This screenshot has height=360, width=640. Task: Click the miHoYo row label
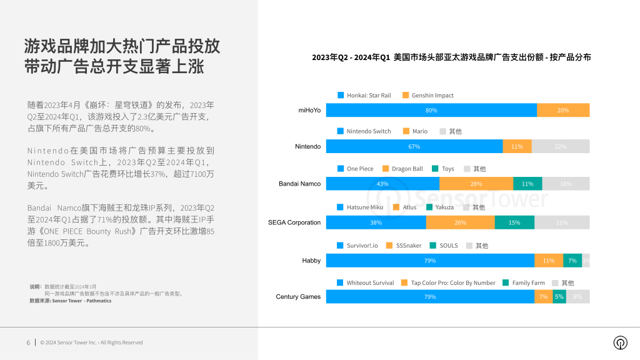point(309,110)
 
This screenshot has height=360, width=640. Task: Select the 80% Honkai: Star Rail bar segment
point(431,110)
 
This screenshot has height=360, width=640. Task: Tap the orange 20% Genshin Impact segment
point(562,110)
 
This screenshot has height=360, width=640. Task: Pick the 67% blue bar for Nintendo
point(414,146)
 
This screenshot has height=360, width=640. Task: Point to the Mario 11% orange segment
point(516,146)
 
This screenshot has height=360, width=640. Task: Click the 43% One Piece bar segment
point(382,184)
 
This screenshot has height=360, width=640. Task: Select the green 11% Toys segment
point(527,184)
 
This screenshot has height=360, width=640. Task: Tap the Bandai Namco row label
point(299,184)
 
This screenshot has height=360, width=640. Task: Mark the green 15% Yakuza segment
point(514,222)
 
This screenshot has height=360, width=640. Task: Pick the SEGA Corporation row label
point(294,222)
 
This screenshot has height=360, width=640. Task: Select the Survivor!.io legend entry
point(357,246)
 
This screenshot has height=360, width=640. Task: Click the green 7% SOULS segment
point(572,261)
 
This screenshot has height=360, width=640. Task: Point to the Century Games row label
point(298,297)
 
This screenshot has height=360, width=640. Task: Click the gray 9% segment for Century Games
point(577,297)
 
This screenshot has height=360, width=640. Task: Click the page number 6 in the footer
point(28,342)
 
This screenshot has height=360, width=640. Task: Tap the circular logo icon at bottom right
point(620,342)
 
